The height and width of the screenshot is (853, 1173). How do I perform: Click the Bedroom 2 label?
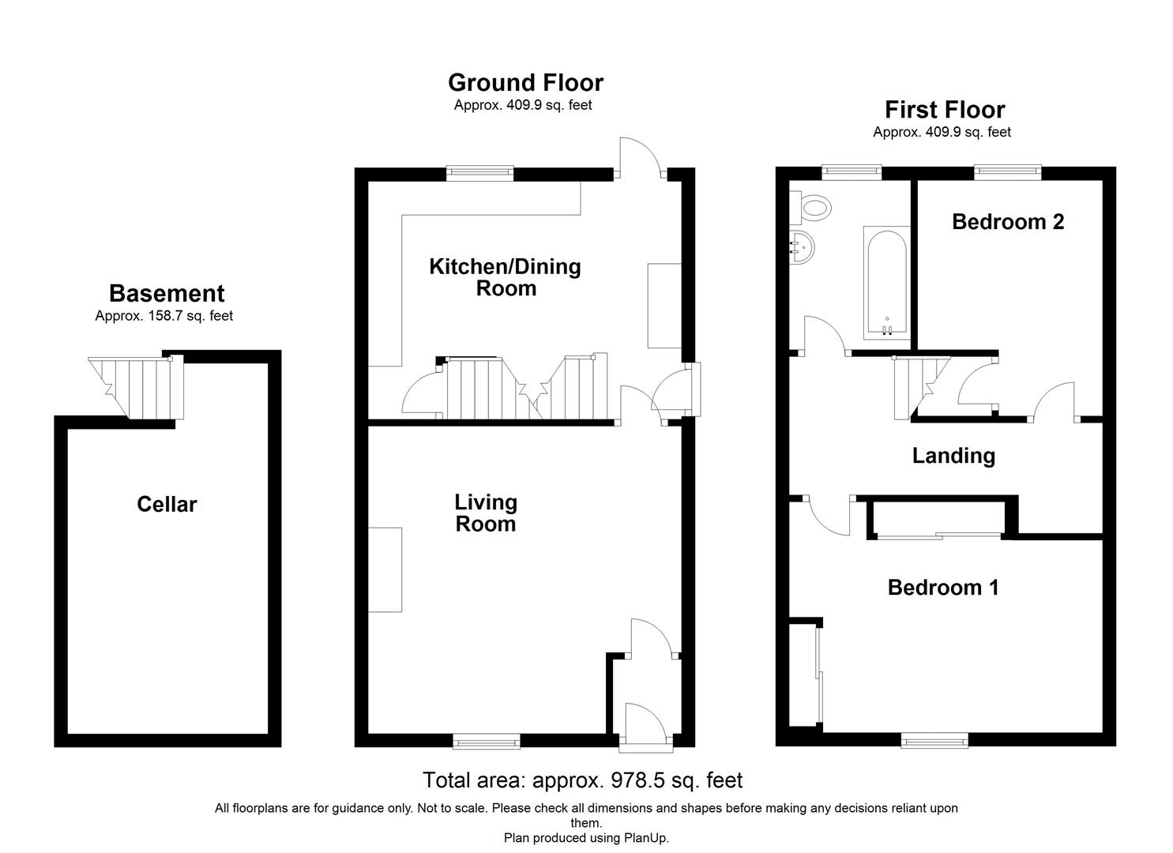(1007, 222)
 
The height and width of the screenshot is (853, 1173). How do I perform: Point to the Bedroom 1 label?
(942, 588)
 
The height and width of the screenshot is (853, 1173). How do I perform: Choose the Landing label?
(953, 456)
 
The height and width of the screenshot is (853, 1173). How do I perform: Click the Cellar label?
(166, 505)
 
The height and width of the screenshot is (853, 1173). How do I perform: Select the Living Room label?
(485, 513)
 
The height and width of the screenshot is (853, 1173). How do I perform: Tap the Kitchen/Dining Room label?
(505, 277)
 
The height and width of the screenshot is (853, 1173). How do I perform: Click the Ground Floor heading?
(525, 83)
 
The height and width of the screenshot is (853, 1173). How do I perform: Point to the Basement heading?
(166, 294)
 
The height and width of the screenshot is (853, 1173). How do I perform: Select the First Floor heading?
(944, 110)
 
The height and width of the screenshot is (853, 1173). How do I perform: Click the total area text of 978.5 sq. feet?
(582, 780)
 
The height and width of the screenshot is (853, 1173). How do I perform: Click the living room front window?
(487, 740)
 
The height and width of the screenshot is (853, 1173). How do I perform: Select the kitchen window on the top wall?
(479, 173)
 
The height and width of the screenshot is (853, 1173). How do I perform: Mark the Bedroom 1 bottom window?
(934, 740)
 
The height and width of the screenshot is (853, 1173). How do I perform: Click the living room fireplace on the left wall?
(385, 569)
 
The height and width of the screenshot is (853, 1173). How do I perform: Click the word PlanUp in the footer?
(645, 838)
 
